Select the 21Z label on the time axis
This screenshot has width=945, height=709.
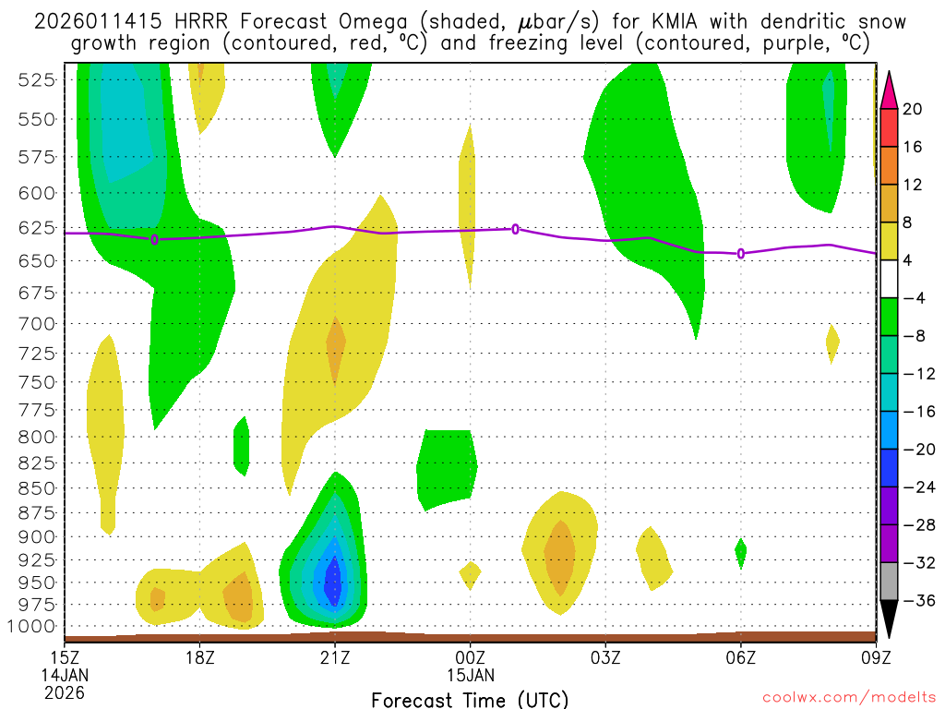click(x=335, y=657)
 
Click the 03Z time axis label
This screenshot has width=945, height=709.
click(x=605, y=657)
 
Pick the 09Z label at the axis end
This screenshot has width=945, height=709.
click(x=876, y=657)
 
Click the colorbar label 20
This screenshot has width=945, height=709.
click(x=913, y=109)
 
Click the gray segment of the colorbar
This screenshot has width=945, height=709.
click(x=889, y=582)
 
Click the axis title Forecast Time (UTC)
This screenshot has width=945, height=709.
click(x=470, y=699)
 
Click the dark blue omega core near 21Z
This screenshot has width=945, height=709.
click(x=332, y=581)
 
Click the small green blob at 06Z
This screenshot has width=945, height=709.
click(x=740, y=551)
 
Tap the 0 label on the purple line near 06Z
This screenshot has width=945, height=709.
click(x=741, y=253)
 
